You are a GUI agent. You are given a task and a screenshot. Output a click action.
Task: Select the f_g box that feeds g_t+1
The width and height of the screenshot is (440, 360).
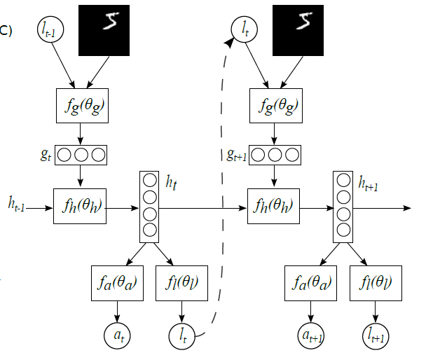275,106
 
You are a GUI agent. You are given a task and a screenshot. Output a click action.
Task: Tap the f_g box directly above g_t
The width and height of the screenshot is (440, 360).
81,106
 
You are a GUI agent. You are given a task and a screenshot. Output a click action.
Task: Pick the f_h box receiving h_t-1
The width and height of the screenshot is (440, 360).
80,207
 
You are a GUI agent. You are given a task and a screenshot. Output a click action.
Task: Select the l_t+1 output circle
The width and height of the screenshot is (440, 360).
376,336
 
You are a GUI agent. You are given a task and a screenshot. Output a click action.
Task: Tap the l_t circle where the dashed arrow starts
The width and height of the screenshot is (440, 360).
184,336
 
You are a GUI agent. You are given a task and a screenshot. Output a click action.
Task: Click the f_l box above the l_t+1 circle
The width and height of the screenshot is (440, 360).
377,284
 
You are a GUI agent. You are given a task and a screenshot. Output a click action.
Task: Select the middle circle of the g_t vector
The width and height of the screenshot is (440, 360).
81,153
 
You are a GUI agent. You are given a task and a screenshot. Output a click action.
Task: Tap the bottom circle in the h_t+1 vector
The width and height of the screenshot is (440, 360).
343,230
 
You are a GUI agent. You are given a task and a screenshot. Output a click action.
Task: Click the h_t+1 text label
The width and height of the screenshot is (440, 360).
371,184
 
